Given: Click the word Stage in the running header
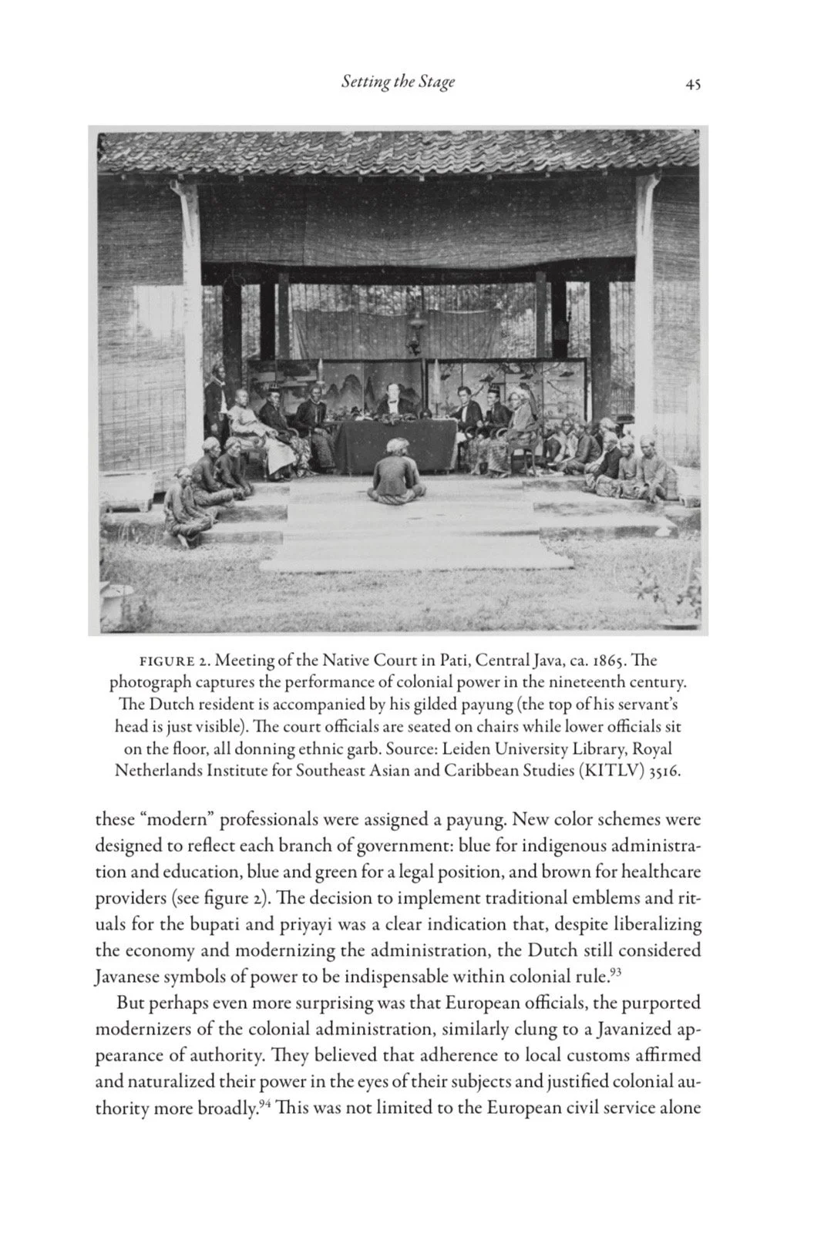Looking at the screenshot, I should pyautogui.click(x=437, y=82).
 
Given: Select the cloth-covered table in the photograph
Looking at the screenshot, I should pyautogui.click(x=395, y=444).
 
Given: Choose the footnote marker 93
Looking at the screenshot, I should pyautogui.click(x=615, y=972).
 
